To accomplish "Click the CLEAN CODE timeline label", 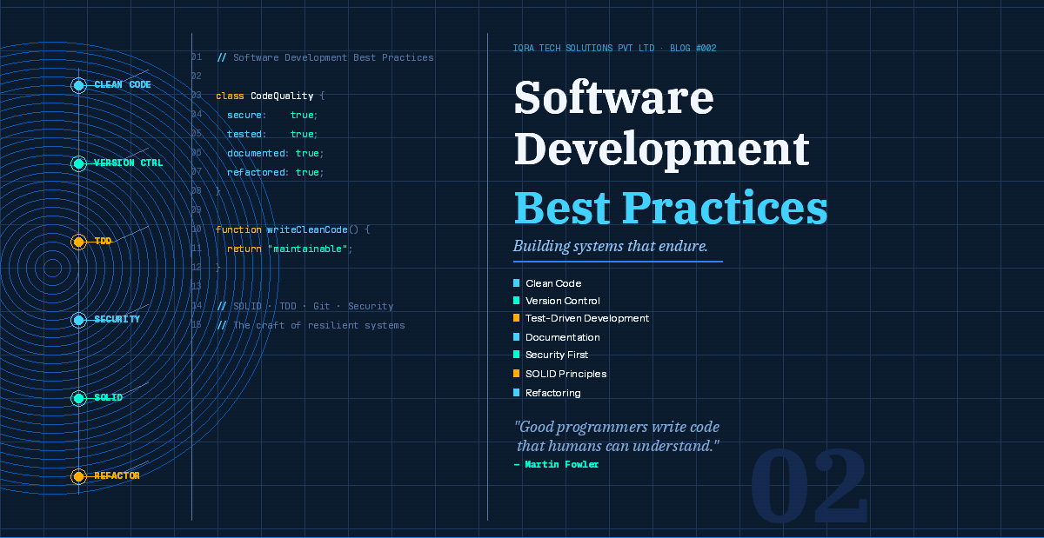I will click(123, 85).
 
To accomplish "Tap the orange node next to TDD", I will click(78, 242).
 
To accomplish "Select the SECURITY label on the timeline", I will click(117, 320).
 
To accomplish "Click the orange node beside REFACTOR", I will click(78, 476).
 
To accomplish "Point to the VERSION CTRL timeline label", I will click(128, 163).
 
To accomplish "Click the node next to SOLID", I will click(78, 398).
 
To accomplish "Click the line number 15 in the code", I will click(197, 325).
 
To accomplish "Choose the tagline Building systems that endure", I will click(610, 246).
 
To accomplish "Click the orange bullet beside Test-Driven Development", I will click(517, 318).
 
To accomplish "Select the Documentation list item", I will click(562, 337).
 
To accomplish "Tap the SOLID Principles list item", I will click(565, 374).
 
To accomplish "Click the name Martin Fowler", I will click(561, 464).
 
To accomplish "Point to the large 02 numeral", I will click(809, 486).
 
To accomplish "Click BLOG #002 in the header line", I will click(693, 48).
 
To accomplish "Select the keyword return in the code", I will click(244, 249).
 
